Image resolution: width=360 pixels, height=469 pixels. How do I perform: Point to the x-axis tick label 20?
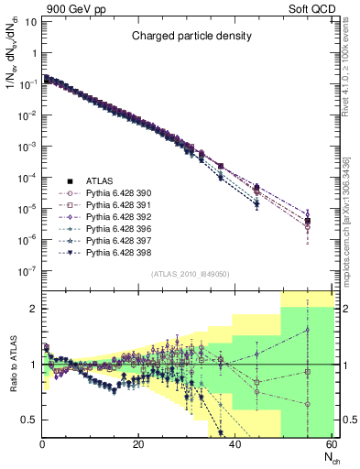[x=138, y=444]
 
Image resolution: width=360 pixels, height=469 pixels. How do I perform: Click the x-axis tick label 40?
[x=235, y=444]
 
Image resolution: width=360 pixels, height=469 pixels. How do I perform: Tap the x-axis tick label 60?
[x=330, y=444]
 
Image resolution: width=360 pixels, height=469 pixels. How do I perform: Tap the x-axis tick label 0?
[x=43, y=444]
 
